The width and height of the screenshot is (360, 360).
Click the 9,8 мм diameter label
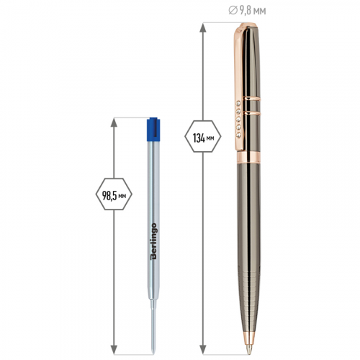pyautogui.click(x=248, y=11)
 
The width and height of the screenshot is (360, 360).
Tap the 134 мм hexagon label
pyautogui.click(x=203, y=136)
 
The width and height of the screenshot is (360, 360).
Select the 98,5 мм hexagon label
pyautogui.click(x=114, y=194)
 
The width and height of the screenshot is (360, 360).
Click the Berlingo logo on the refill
pyautogui.click(x=153, y=241)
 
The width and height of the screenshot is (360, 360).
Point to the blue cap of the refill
pyautogui.click(x=153, y=129)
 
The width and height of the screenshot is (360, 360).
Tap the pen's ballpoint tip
pyautogui.click(x=248, y=348)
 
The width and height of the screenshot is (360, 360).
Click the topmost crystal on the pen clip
pyautogui.click(x=238, y=104)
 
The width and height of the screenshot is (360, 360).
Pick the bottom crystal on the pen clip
pyautogui.click(x=238, y=135)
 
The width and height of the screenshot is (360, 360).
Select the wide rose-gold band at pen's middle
pyautogui.click(x=248, y=157)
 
